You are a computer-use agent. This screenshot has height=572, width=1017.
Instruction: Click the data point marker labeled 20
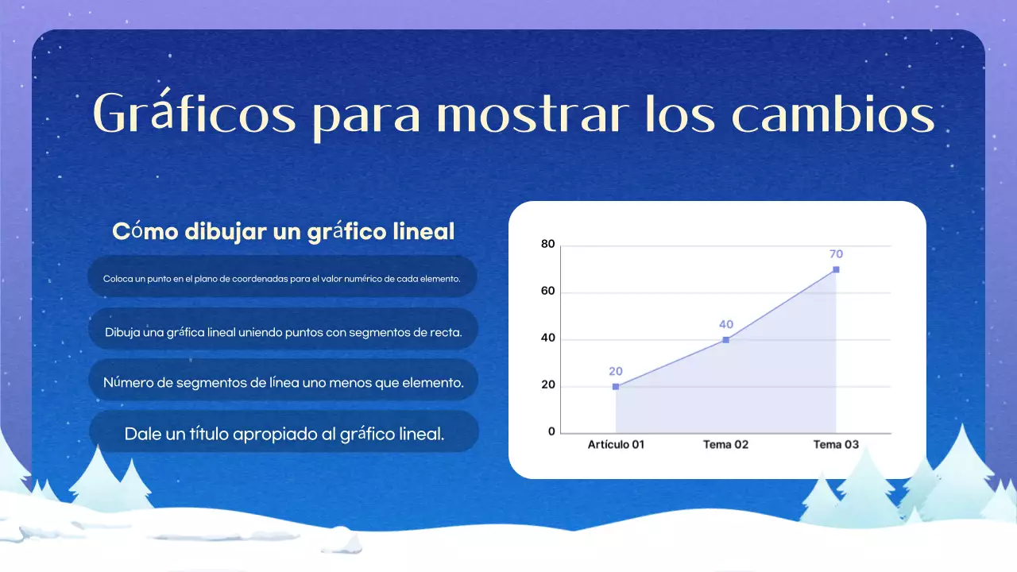pos(616,387)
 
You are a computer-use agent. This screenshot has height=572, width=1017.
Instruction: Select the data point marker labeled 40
pos(725,340)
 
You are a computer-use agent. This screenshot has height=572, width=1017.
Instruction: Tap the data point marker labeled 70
pos(836,269)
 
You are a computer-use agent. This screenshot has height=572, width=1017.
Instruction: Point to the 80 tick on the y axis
pos(547,244)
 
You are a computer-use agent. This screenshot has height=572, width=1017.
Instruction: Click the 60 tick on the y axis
pos(547,292)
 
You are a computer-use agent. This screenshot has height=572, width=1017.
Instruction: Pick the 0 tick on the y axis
pos(551,432)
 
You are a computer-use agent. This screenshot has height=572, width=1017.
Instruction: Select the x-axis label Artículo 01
pos(616,445)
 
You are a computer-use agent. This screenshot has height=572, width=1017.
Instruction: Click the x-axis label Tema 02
pos(725,445)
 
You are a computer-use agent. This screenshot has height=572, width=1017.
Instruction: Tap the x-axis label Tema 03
pos(836,445)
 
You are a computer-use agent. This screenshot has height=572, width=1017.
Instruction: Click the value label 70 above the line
pos(836,254)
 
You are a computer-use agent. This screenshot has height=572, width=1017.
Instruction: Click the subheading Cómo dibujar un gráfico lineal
pos(284,231)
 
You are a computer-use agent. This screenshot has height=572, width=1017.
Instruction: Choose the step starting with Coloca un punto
pos(282,279)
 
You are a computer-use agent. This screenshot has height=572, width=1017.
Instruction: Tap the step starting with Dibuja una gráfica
pos(283,332)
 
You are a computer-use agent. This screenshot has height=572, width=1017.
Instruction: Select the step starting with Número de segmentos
pos(284,382)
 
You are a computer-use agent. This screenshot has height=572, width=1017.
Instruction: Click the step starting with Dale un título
pos(284,434)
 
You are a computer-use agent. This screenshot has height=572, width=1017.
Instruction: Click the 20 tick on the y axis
pos(547,387)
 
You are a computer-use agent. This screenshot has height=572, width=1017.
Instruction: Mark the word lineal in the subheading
pos(424,231)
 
